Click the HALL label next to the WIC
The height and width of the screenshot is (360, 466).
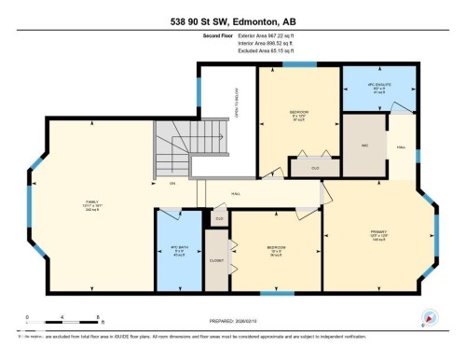coord(402,146)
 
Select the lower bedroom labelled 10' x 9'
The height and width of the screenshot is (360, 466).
coord(275,252)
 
